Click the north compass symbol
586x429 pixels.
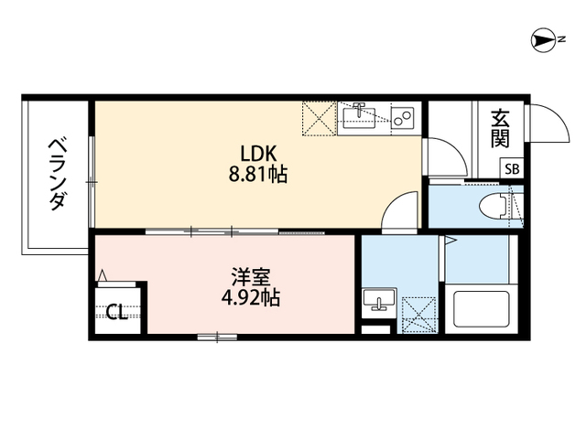click(544, 40)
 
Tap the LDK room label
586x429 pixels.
click(258, 154)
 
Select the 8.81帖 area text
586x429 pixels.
click(258, 174)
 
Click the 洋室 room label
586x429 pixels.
click(250, 277)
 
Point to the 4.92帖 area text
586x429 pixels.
click(250, 297)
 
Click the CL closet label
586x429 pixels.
click(118, 313)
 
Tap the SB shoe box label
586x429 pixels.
click(512, 169)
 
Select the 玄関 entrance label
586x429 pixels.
click(501, 129)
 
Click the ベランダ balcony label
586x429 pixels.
click(58, 175)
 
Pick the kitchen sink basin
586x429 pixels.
click(359, 117)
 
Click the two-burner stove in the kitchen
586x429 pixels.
click(402, 118)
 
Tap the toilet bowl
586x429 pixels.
click(493, 207)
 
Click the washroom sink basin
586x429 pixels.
click(379, 299)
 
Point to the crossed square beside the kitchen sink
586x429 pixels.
click(319, 118)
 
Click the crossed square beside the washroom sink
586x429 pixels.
click(418, 315)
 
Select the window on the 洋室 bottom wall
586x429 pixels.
click(218, 338)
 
